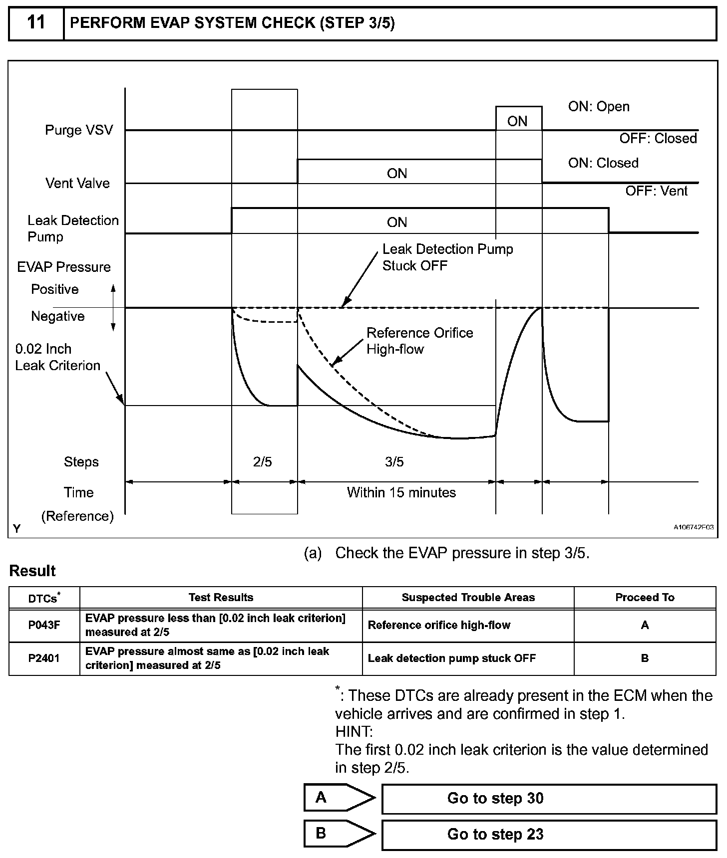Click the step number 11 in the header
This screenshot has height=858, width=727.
[x=36, y=23]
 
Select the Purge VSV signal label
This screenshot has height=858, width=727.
[x=79, y=130]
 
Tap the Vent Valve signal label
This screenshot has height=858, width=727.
[x=77, y=183]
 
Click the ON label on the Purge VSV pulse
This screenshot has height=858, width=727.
[x=517, y=121]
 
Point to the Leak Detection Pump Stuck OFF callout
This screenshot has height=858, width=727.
[x=447, y=257]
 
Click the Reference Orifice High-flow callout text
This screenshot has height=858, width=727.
[x=419, y=341]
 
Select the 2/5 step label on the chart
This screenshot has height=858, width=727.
[x=263, y=462]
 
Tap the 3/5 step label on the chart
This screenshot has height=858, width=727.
[x=394, y=462]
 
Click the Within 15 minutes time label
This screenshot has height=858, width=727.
[x=401, y=492]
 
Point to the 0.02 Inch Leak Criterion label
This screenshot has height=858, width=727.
[x=57, y=357]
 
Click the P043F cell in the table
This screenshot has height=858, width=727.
[x=44, y=625]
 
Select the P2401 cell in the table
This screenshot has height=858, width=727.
[x=44, y=658]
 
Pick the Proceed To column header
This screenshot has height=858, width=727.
[x=645, y=597]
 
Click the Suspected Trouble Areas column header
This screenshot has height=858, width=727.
[x=468, y=597]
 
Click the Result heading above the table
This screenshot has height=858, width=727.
[x=32, y=571]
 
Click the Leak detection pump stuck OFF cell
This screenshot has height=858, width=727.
[x=451, y=658]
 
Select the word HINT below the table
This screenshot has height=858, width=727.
[x=354, y=732]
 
